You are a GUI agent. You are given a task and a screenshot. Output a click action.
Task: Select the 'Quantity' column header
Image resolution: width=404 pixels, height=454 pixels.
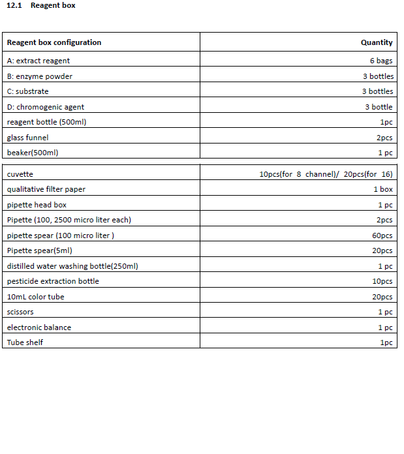pyautogui.click(x=377, y=42)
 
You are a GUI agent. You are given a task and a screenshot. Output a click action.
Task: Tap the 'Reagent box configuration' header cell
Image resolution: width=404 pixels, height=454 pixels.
pyautogui.click(x=54, y=42)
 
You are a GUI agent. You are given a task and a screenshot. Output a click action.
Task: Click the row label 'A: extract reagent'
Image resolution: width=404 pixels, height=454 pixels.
pyautogui.click(x=39, y=61)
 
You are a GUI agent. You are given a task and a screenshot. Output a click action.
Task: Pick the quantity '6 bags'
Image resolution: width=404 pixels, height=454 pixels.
pyautogui.click(x=381, y=61)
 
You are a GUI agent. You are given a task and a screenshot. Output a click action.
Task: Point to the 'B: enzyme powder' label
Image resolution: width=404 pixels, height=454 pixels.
pyautogui.click(x=40, y=76)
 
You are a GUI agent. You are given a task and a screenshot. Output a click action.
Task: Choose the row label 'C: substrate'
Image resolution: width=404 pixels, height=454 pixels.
pyautogui.click(x=28, y=91)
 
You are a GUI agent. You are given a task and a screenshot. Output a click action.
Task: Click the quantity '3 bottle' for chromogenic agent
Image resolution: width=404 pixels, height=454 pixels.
pyautogui.click(x=379, y=107)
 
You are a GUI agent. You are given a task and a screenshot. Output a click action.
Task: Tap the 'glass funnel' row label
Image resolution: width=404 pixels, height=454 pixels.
pyautogui.click(x=28, y=138)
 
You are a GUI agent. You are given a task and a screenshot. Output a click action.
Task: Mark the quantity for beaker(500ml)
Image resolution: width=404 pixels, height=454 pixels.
pyautogui.click(x=385, y=153)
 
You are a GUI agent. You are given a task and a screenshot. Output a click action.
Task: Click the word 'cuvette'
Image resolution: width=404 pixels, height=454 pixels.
pyautogui.click(x=20, y=174)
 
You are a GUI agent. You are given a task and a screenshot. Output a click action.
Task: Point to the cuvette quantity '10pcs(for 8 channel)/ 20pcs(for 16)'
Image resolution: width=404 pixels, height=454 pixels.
pyautogui.click(x=326, y=174)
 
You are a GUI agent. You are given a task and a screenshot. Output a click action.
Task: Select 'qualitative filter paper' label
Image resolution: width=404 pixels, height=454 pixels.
pyautogui.click(x=46, y=189)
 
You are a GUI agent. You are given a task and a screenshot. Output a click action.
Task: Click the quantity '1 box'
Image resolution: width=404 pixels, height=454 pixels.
pyautogui.click(x=383, y=189)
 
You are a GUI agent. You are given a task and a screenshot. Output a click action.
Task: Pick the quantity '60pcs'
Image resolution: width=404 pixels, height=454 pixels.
pyautogui.click(x=382, y=235)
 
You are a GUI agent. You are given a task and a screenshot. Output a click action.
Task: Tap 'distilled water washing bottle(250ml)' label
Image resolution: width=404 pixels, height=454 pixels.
pyautogui.click(x=72, y=266)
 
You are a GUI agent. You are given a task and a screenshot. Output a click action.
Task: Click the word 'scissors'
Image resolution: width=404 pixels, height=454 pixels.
pyautogui.click(x=20, y=312)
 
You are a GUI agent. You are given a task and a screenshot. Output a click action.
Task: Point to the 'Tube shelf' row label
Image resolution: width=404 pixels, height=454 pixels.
pyautogui.click(x=25, y=342)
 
